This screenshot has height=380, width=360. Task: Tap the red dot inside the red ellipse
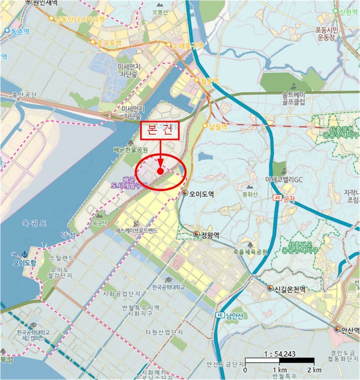[161, 170]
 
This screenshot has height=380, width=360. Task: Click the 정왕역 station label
[209, 235]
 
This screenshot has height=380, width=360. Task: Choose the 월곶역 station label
[209, 80]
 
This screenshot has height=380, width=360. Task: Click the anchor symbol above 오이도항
[23, 254]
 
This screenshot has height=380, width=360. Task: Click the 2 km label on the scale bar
[314, 370]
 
